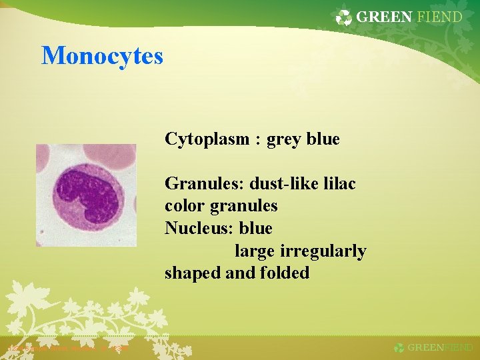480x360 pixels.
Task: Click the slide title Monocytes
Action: coord(102,55)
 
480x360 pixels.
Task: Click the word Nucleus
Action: coord(199,229)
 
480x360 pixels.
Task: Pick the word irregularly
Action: coord(323,251)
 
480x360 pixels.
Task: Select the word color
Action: coord(185,206)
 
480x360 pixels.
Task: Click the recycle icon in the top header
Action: coord(344,18)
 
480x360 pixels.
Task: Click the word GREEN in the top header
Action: coord(384,17)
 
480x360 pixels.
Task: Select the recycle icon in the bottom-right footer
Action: coord(399,348)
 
